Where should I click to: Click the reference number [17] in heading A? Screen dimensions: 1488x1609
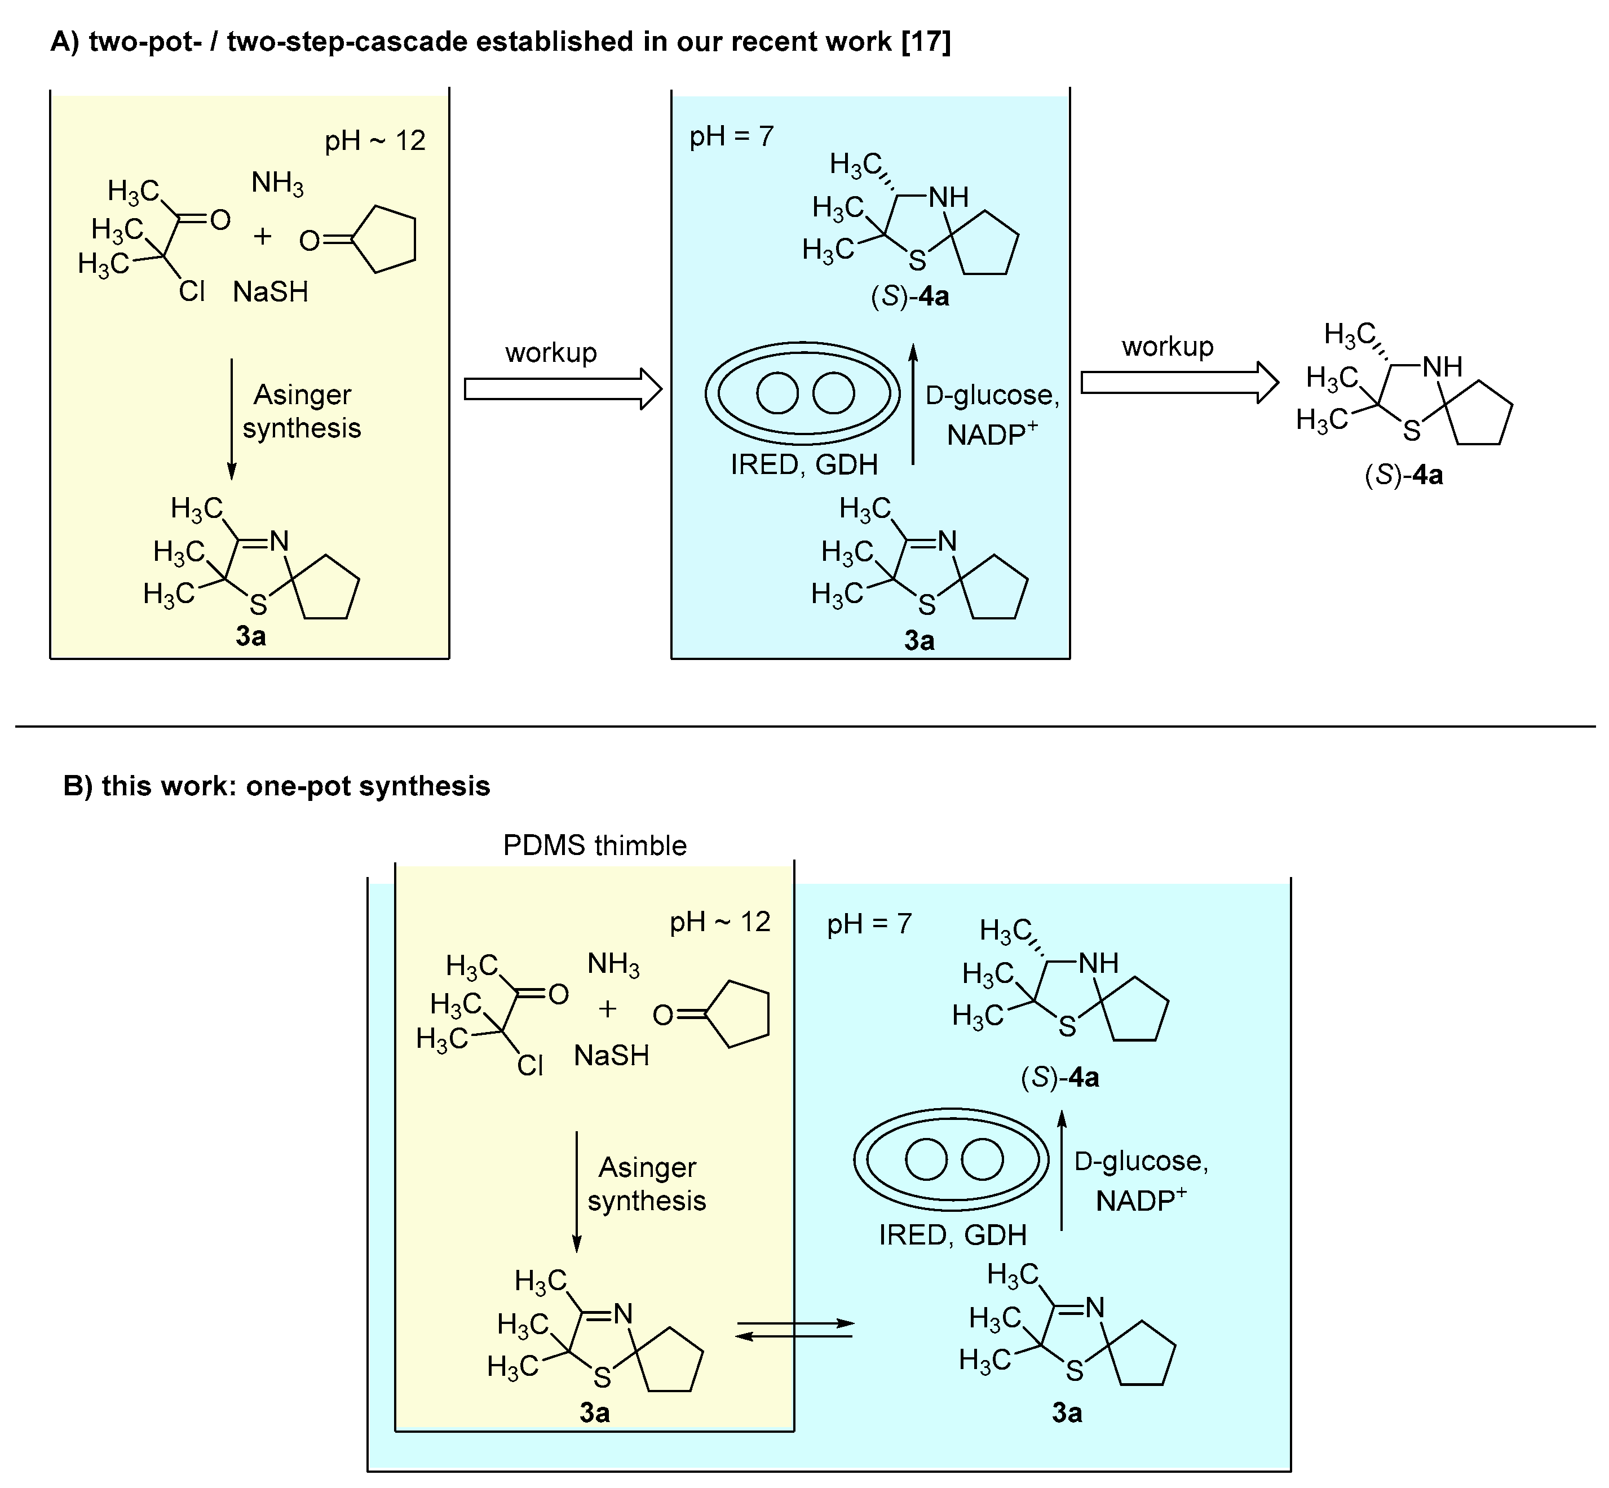(926, 41)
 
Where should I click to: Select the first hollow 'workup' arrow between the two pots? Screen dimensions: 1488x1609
(562, 389)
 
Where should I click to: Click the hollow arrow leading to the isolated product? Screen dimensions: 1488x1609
(1179, 383)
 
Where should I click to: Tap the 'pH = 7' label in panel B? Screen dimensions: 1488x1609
(869, 924)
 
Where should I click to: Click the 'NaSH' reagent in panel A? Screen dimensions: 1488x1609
(271, 291)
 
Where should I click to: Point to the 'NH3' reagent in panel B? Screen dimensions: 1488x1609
(613, 964)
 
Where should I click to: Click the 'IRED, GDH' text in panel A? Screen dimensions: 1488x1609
(804, 464)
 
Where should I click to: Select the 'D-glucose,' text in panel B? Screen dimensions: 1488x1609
(1141, 1161)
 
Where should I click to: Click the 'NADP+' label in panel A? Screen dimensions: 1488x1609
(991, 435)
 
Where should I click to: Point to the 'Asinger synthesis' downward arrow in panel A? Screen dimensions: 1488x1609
(232, 419)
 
